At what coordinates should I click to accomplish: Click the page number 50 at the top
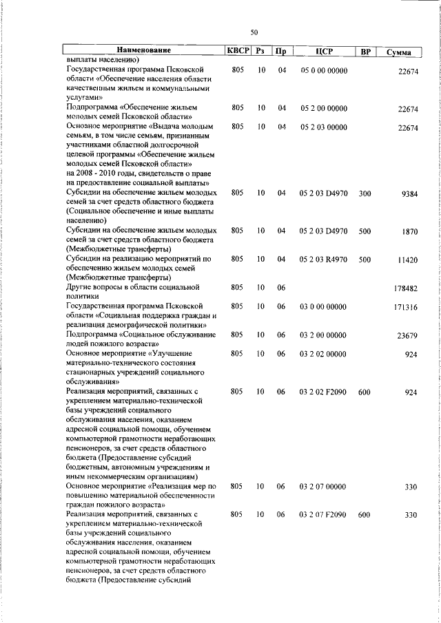tap(254, 32)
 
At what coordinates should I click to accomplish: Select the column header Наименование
tap(143, 51)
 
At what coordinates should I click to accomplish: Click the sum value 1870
tap(411, 232)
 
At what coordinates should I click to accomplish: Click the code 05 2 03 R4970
tap(323, 260)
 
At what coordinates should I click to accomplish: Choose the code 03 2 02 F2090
tap(323, 392)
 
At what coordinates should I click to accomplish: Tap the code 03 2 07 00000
tap(323, 487)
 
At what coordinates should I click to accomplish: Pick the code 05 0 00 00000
tap(323, 70)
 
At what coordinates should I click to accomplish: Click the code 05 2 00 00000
tap(323, 108)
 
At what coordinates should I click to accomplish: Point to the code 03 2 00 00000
tap(323, 335)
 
